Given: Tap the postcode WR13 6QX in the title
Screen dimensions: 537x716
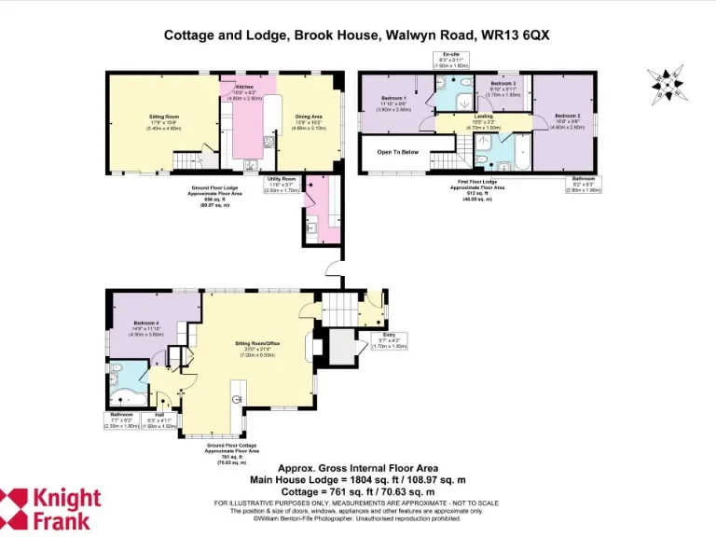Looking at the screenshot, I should coord(515,34).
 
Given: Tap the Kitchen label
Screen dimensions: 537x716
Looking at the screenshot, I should coord(244,87).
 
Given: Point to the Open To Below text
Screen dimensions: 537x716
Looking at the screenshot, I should coord(397,151).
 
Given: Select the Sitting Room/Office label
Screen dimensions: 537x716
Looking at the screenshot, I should coord(257,343).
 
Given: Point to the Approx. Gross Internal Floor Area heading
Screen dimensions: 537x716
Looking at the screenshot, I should coord(357,469).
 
